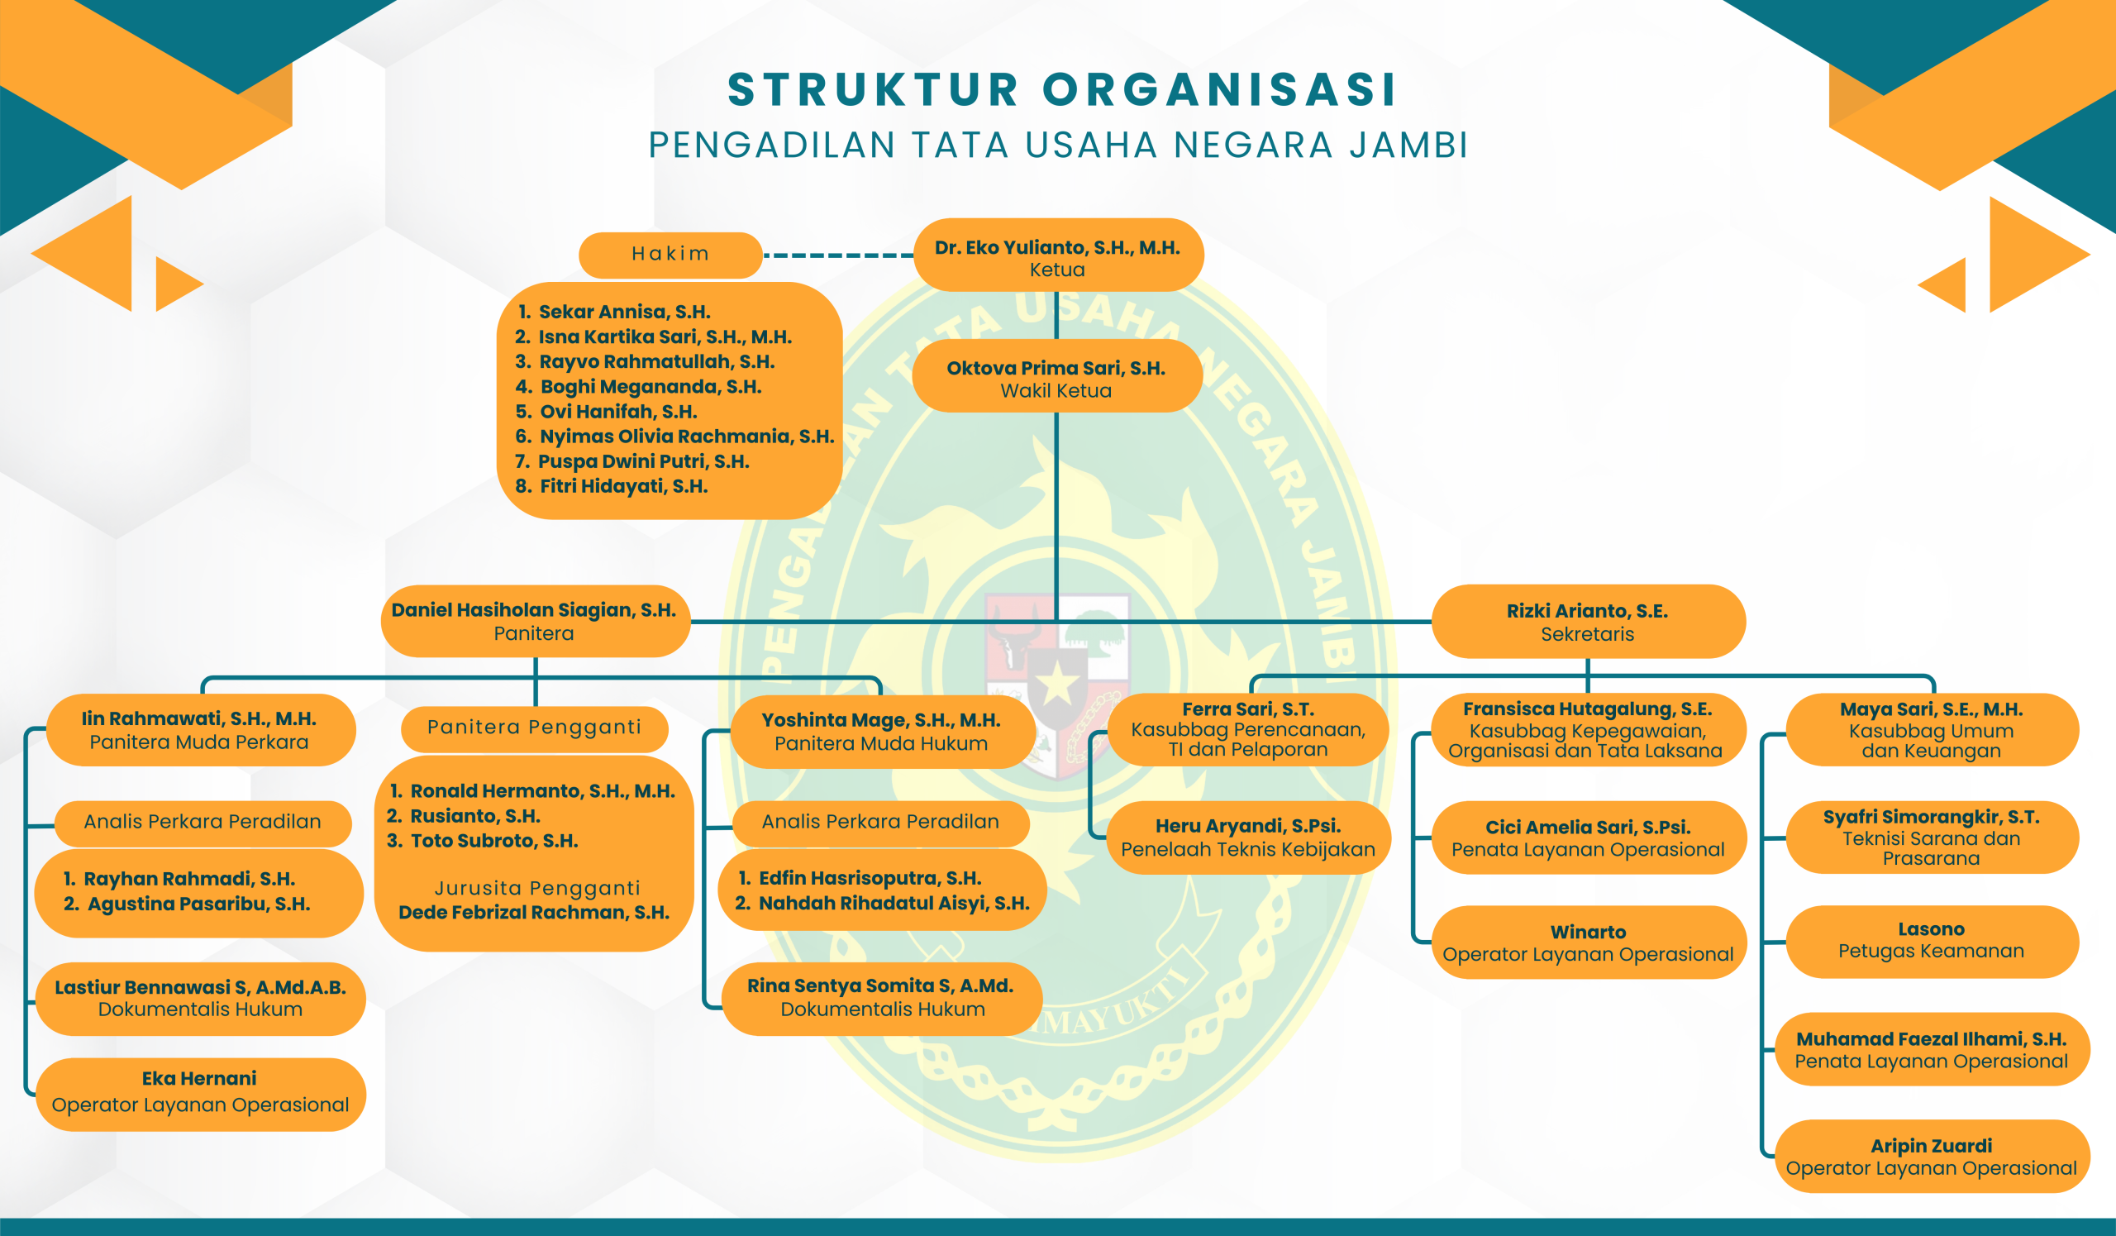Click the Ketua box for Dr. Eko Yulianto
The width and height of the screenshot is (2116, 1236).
[x=1057, y=256]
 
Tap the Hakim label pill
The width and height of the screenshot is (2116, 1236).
[x=670, y=255]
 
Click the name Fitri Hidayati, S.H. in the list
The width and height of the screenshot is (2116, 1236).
[x=623, y=486]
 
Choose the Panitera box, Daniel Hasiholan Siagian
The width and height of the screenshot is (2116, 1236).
[x=535, y=622]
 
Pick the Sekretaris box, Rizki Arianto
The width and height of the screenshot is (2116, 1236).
[x=1587, y=622]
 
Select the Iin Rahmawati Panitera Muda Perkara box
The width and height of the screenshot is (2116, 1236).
[x=200, y=730]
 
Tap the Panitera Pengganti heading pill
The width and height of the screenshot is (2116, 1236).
[x=534, y=728]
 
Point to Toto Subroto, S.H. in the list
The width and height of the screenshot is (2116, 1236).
[x=493, y=841]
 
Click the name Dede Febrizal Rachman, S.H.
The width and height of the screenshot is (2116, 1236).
[x=534, y=913]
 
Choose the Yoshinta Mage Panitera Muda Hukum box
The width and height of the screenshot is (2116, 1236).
[x=881, y=732]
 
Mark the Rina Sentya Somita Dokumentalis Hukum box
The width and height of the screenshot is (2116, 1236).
[x=882, y=998]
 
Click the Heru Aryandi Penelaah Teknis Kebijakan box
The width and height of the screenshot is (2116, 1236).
[x=1248, y=838]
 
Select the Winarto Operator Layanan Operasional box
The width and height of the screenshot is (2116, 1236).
[x=1587, y=943]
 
